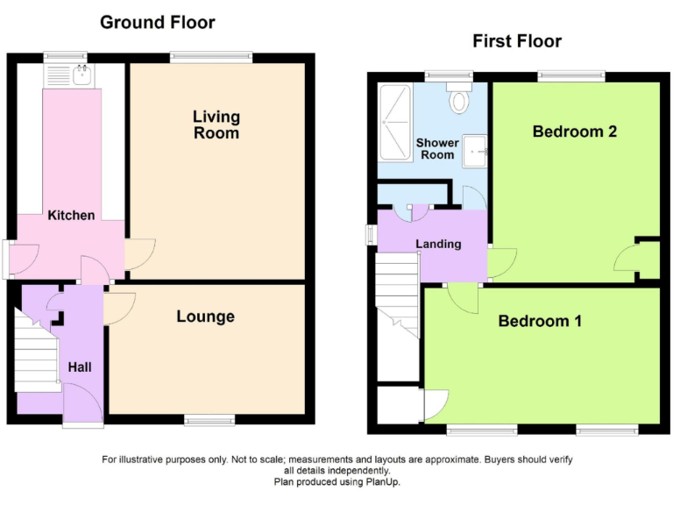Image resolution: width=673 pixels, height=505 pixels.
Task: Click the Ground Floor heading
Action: pyautogui.click(x=157, y=22)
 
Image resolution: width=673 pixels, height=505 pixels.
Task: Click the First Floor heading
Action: pyautogui.click(x=517, y=41)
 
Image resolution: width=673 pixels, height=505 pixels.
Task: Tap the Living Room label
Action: pyautogui.click(x=216, y=124)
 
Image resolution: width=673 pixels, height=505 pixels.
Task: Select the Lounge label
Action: pyautogui.click(x=205, y=317)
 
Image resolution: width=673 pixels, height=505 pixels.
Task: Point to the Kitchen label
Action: pyautogui.click(x=71, y=215)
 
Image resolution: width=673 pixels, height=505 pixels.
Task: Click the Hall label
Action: pyautogui.click(x=79, y=367)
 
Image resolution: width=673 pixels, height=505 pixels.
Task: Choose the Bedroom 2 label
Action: pyautogui.click(x=575, y=132)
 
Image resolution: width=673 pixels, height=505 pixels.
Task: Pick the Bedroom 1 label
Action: pyautogui.click(x=540, y=321)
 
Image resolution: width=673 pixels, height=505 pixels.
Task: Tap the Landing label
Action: pyautogui.click(x=438, y=244)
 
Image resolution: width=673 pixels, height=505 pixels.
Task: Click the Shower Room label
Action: pyautogui.click(x=436, y=148)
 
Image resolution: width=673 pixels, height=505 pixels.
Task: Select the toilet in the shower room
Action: pyautogui.click(x=459, y=99)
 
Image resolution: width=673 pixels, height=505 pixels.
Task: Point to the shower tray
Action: pyautogui.click(x=394, y=122)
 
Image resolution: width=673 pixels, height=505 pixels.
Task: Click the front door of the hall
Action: pyautogui.click(x=83, y=409)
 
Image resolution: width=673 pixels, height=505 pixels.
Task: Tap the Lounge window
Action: pyautogui.click(x=209, y=421)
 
